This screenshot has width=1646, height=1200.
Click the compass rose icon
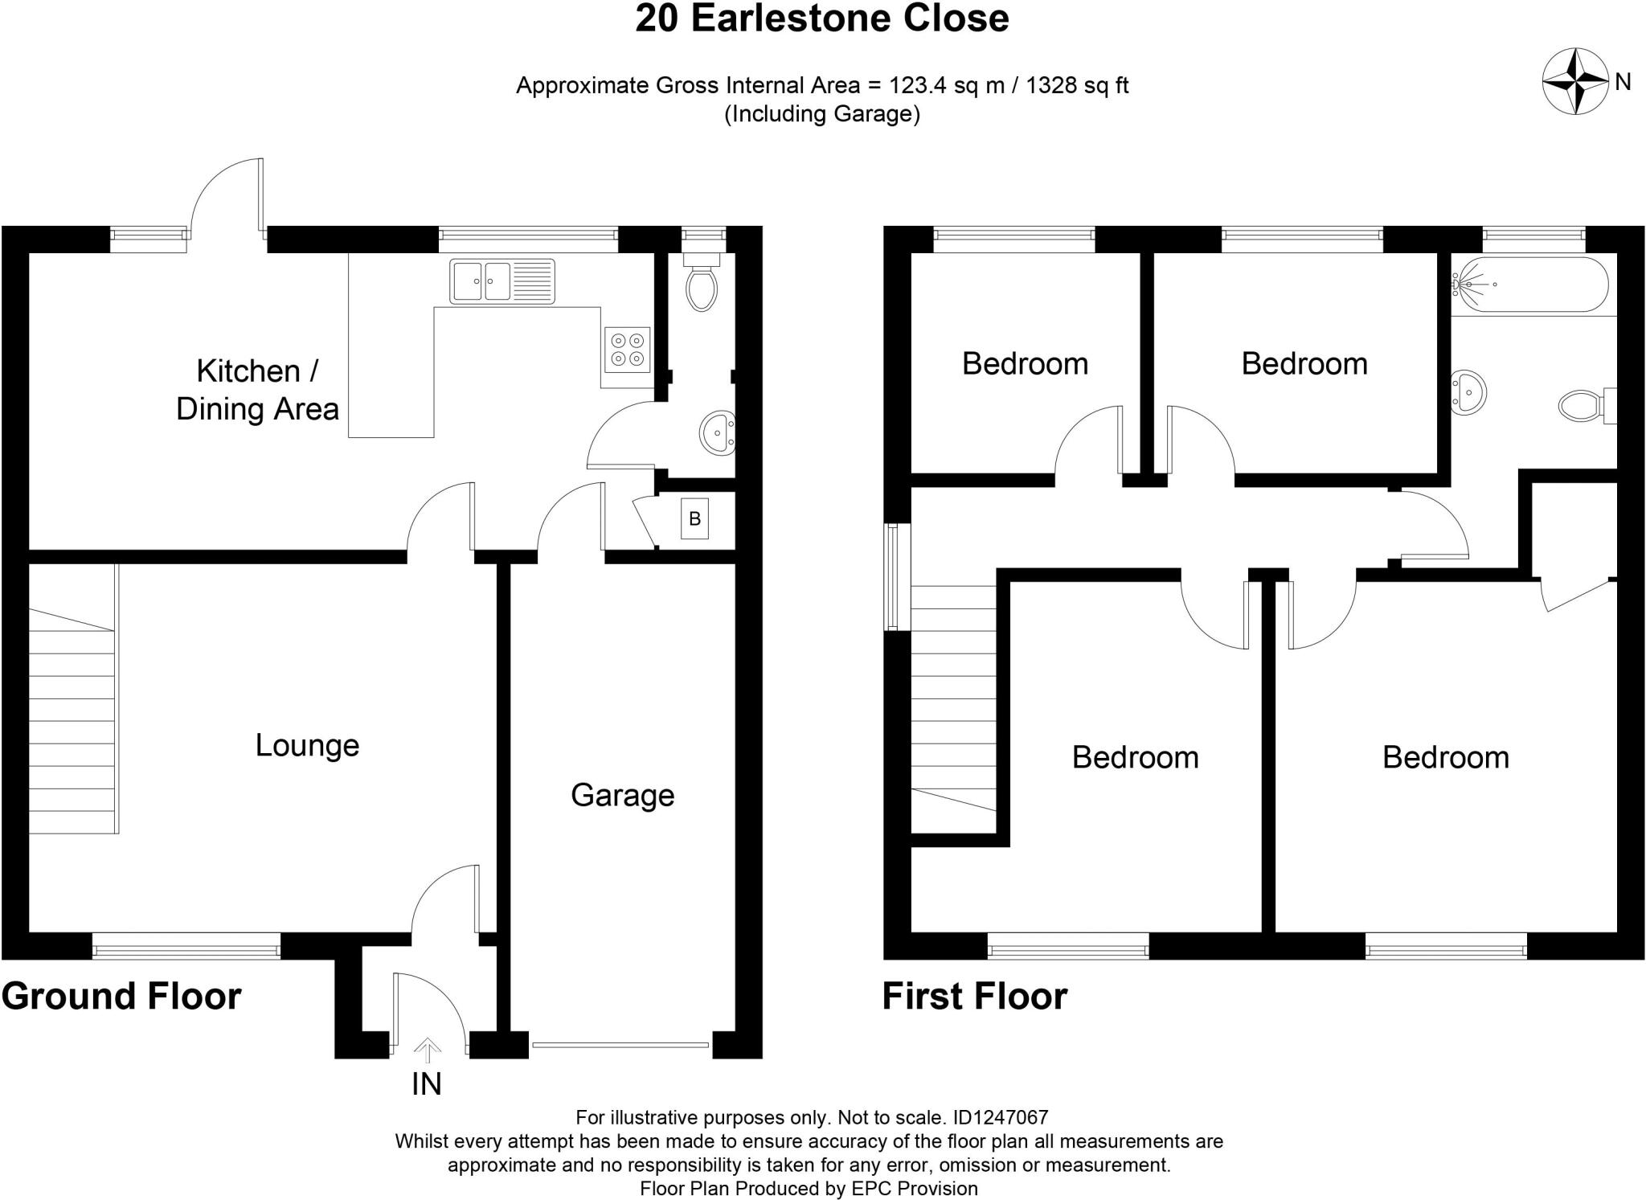click(x=1574, y=82)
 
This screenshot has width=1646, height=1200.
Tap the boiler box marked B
click(x=694, y=518)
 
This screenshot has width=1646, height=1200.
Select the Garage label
click(x=622, y=795)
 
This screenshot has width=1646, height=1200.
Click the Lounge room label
click(x=307, y=745)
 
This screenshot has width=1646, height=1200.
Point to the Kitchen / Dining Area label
click(x=257, y=390)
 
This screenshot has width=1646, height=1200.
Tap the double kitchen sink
click(x=502, y=281)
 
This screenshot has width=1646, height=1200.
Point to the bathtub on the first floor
click(x=1529, y=285)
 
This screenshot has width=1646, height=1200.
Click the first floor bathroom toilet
click(x=1585, y=405)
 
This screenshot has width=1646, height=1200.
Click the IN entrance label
click(x=426, y=1084)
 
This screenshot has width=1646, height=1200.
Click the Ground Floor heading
click(x=121, y=997)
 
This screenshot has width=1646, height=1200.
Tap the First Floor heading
click(x=974, y=997)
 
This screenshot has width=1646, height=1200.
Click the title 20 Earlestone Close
click(x=821, y=18)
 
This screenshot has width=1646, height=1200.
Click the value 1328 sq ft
click(x=1077, y=85)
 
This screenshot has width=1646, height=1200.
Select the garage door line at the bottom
click(x=620, y=1045)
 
